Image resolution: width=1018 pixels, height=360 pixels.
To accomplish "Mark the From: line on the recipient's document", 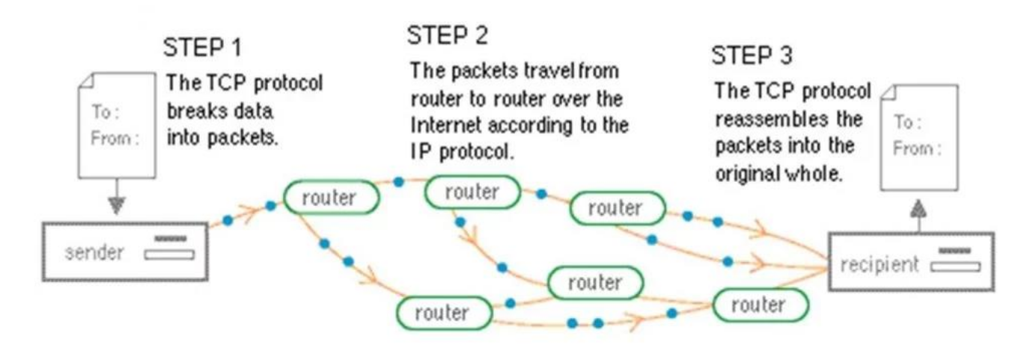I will point(918,148).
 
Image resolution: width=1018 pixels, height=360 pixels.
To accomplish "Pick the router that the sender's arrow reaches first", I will point(330,196).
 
